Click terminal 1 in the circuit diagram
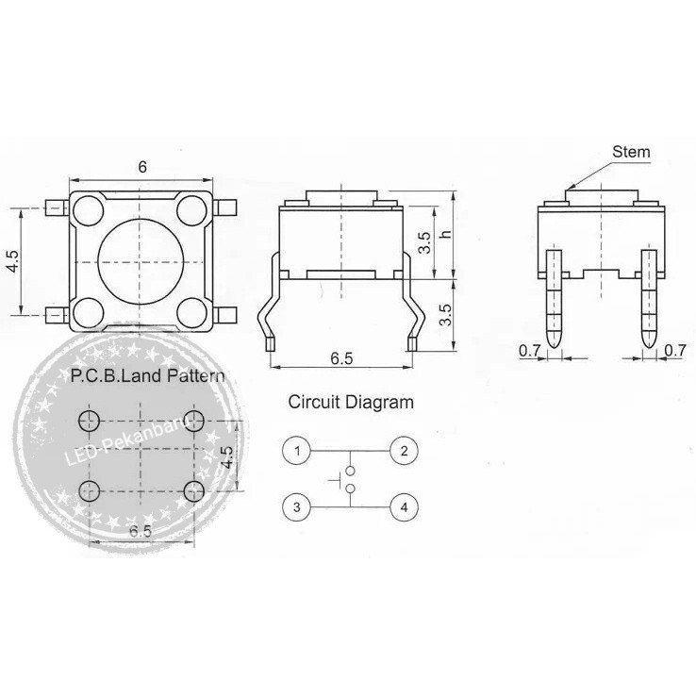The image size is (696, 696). pyautogui.click(x=296, y=451)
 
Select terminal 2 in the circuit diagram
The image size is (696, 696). pyautogui.click(x=404, y=451)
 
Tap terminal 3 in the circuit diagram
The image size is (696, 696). pyautogui.click(x=296, y=507)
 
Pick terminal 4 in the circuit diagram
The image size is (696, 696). pyautogui.click(x=404, y=507)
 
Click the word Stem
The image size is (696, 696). pyautogui.click(x=631, y=151)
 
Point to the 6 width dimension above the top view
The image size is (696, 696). pyautogui.click(x=142, y=167)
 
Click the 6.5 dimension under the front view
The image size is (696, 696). pyautogui.click(x=341, y=358)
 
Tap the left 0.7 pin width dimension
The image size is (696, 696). pyautogui.click(x=529, y=351)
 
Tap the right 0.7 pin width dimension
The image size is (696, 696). pyautogui.click(x=674, y=351)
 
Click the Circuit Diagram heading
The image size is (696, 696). pyautogui.click(x=350, y=403)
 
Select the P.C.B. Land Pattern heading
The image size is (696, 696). pyautogui.click(x=148, y=376)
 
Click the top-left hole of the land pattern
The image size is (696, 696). pyautogui.click(x=90, y=420)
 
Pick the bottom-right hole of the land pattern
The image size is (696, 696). pyautogui.click(x=194, y=489)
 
